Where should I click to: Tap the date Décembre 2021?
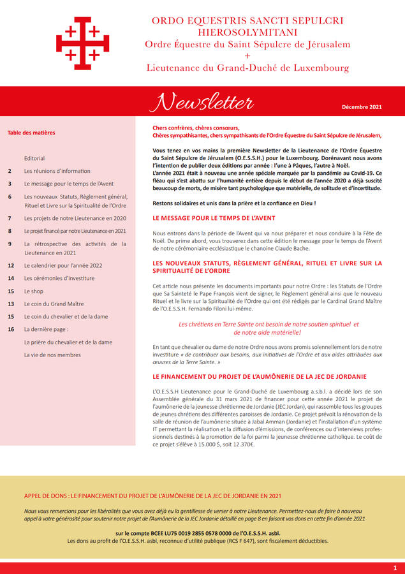362,107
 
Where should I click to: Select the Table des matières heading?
31,133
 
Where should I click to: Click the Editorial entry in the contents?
34,158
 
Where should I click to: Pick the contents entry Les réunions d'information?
57,171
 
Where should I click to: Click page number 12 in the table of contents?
11,265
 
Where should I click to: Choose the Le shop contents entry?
33,291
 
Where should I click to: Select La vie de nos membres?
52,355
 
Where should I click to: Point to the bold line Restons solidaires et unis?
234,203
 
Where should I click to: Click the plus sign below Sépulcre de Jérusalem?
247,55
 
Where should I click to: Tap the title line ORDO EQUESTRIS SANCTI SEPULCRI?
247,21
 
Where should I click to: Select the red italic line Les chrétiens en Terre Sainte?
269,324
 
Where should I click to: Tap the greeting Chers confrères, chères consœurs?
196,128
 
